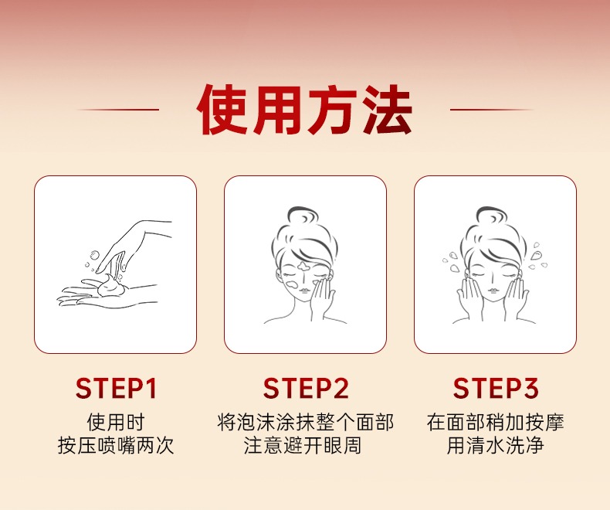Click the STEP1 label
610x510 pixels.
pyautogui.click(x=116, y=388)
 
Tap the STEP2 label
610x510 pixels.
pyautogui.click(x=306, y=388)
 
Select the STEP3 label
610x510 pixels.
pyautogui.click(x=496, y=388)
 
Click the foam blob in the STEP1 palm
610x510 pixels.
pyautogui.click(x=111, y=285)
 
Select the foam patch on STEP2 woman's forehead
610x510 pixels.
pyautogui.click(x=303, y=267)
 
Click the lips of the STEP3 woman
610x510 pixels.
pyautogui.click(x=493, y=291)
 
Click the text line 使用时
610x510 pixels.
pyautogui.click(x=116, y=422)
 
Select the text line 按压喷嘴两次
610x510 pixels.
pyautogui.click(x=116, y=445)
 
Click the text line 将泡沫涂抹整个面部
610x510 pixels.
pyautogui.click(x=306, y=422)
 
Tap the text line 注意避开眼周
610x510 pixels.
pyautogui.click(x=303, y=445)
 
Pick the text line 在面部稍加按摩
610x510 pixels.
pyautogui.click(x=495, y=422)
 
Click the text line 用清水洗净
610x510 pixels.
pyautogui.click(x=495, y=445)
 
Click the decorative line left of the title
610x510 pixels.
pyautogui.click(x=118, y=110)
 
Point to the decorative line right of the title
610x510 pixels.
pyautogui.click(x=492, y=110)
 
